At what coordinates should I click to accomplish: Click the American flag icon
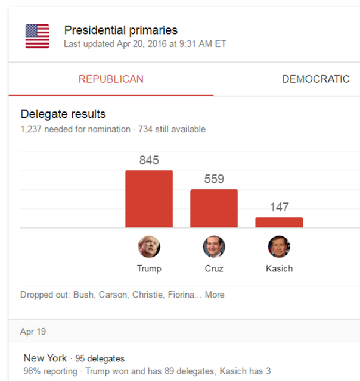(x=37, y=36)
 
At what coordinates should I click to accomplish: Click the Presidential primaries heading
(x=120, y=30)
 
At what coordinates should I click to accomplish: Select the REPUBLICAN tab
(x=111, y=79)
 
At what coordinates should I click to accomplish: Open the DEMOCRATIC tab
(x=316, y=79)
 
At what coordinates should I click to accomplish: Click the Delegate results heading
(x=63, y=114)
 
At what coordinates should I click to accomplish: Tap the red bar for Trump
(x=149, y=199)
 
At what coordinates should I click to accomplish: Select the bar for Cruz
(x=214, y=208)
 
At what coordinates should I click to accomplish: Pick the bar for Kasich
(x=279, y=222)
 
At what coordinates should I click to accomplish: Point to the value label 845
(x=149, y=160)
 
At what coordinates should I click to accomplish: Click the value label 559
(x=214, y=179)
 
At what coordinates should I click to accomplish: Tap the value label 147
(x=279, y=207)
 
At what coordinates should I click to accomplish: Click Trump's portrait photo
(x=149, y=246)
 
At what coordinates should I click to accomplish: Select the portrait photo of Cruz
(x=214, y=246)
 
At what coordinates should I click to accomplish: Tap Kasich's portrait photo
(x=279, y=246)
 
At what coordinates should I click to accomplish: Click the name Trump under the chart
(x=149, y=268)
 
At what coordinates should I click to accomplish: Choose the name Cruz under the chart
(x=214, y=268)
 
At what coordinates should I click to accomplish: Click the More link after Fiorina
(x=215, y=295)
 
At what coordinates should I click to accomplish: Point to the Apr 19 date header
(x=33, y=332)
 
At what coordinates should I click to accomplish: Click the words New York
(x=45, y=358)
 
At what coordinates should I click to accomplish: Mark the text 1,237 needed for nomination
(x=75, y=129)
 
